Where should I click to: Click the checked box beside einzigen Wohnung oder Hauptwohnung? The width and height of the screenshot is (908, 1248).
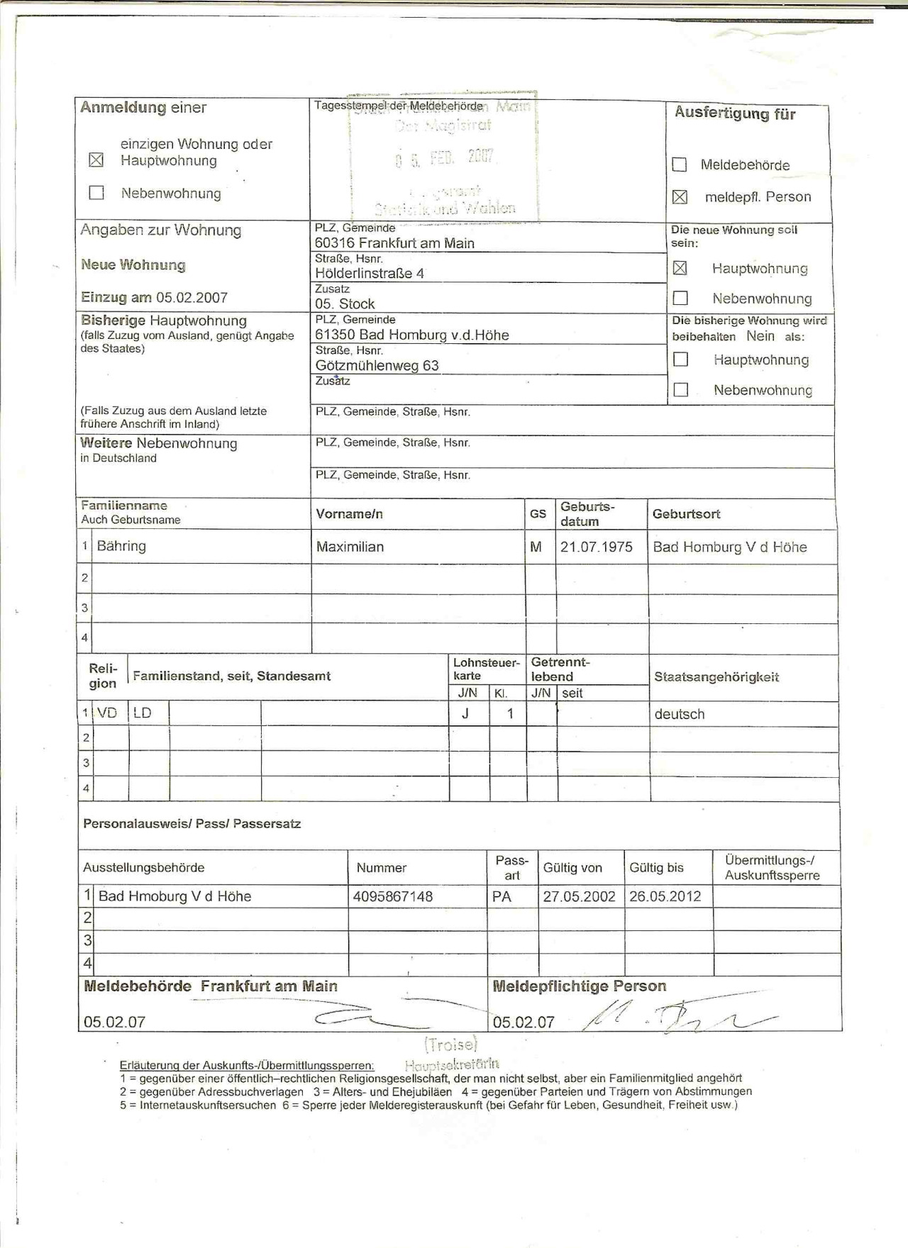(x=96, y=160)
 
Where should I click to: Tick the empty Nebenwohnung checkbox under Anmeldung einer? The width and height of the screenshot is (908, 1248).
(x=96, y=193)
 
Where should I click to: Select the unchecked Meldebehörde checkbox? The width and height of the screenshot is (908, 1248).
(x=680, y=165)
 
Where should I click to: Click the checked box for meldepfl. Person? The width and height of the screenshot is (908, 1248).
(x=680, y=197)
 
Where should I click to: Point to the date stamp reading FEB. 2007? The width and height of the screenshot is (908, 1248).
(x=445, y=157)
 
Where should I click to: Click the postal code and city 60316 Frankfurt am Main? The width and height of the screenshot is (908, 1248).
(x=394, y=243)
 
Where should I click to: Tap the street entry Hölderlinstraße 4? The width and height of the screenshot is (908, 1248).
(x=370, y=274)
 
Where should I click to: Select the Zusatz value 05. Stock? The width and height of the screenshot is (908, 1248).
(x=345, y=304)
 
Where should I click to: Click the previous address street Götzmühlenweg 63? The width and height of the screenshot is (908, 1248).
(x=377, y=366)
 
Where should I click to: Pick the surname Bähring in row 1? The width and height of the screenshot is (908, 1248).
(x=121, y=546)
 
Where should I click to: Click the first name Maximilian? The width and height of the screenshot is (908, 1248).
(x=350, y=547)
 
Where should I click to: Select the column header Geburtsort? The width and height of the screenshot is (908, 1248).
(x=686, y=514)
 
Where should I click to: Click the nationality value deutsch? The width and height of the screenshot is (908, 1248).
(x=680, y=714)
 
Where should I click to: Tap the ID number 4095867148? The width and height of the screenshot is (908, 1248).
(x=393, y=896)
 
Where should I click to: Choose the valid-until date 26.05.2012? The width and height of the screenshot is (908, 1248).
(x=665, y=896)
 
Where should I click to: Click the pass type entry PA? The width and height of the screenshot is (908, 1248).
(x=502, y=896)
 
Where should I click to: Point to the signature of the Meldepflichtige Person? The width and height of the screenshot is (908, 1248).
(x=674, y=1019)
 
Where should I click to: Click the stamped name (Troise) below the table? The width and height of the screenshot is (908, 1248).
(x=451, y=1044)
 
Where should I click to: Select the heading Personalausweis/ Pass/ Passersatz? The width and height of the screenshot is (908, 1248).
(x=192, y=824)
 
